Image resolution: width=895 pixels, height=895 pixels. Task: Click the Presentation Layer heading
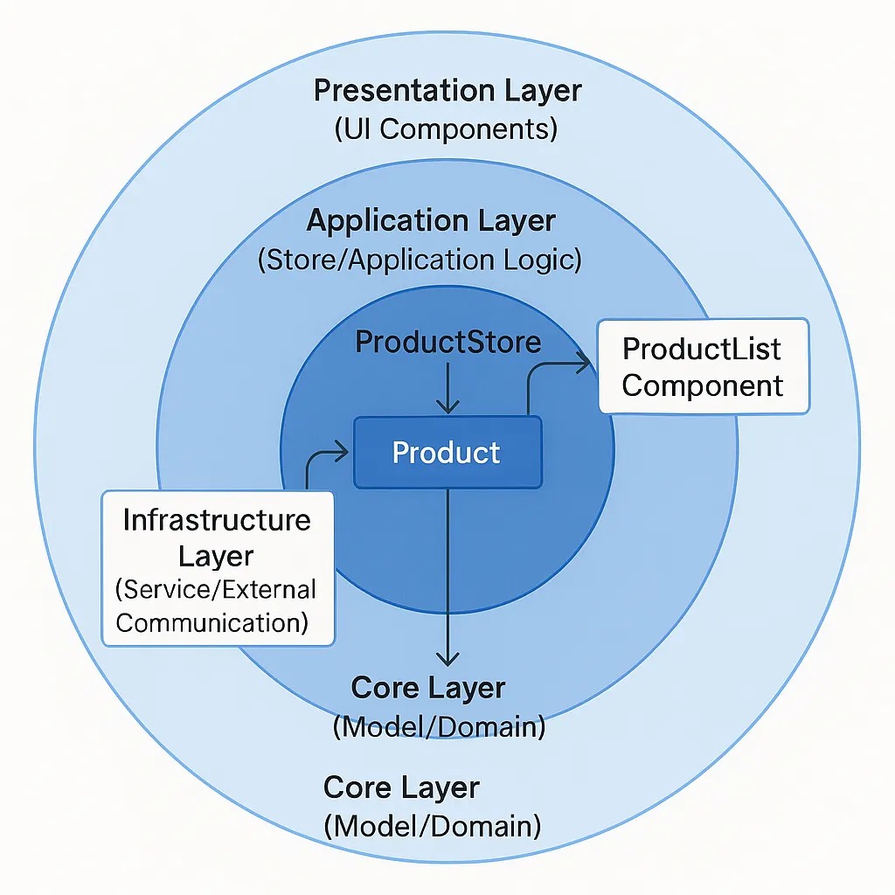(x=447, y=91)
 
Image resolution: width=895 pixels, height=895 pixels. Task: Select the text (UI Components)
(x=446, y=129)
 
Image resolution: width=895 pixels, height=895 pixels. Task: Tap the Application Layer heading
(x=431, y=221)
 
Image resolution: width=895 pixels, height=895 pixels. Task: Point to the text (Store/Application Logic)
(x=420, y=260)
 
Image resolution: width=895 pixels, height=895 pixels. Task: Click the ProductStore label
(x=447, y=342)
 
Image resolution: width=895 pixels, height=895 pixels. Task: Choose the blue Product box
(x=447, y=452)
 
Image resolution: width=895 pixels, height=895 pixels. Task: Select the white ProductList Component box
(x=703, y=366)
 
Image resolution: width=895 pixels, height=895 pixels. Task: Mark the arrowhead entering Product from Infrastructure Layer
(x=342, y=452)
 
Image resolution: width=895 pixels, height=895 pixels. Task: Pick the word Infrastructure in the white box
(x=217, y=520)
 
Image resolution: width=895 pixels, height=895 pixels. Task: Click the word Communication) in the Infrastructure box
(x=212, y=622)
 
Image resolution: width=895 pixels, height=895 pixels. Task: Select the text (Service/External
(x=216, y=589)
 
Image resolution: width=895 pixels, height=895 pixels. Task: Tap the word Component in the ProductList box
(x=703, y=385)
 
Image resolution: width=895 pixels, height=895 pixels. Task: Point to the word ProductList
(x=702, y=349)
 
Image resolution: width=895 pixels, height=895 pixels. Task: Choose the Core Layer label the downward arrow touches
(x=428, y=688)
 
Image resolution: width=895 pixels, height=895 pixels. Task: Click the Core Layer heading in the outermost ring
(x=401, y=787)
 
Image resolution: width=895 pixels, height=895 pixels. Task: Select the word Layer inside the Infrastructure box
(x=216, y=555)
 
